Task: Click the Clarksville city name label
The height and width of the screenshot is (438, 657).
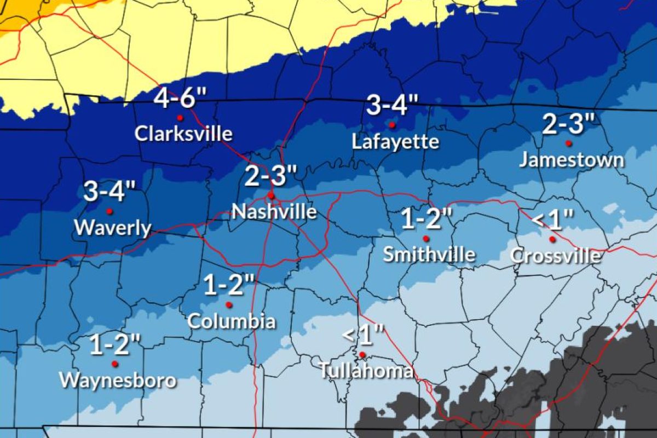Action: tap(183, 134)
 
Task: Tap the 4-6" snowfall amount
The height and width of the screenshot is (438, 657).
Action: tap(180, 99)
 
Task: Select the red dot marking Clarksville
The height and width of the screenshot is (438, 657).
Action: tap(179, 118)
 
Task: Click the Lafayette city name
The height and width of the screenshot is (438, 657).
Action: tap(395, 142)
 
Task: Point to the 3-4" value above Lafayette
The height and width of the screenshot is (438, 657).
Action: tap(392, 106)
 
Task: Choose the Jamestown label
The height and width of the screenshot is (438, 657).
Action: tap(571, 160)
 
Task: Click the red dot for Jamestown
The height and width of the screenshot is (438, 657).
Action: tap(568, 143)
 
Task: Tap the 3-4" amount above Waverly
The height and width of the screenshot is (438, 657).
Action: tap(109, 192)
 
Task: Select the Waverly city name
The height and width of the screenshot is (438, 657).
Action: tap(113, 228)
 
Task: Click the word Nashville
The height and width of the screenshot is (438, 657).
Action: tap(274, 211)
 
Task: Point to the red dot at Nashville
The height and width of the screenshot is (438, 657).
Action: tap(270, 195)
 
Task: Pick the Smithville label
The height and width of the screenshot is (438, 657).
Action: tap(429, 254)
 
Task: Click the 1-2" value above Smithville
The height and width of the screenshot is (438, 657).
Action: tap(426, 220)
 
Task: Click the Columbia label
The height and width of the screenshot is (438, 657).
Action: tap(231, 321)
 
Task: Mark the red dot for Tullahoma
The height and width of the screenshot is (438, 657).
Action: tap(362, 354)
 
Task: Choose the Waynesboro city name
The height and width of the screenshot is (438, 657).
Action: tap(118, 380)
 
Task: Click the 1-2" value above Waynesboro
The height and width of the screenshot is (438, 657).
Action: tap(115, 346)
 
